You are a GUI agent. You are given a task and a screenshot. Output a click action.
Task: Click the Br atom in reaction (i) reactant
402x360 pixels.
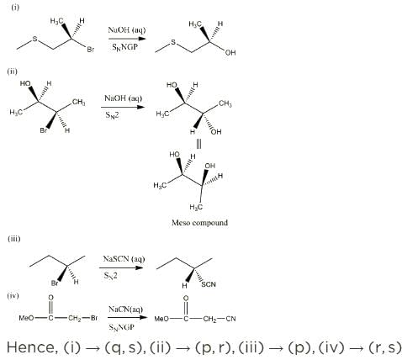[91, 50]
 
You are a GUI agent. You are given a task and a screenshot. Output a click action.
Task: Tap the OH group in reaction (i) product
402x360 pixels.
[230, 52]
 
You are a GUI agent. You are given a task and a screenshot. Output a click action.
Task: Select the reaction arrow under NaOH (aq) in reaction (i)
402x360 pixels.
[127, 39]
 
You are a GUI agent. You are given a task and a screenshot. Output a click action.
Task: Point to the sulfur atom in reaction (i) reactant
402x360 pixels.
[34, 40]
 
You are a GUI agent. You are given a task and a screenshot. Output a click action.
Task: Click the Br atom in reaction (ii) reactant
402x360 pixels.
[44, 130]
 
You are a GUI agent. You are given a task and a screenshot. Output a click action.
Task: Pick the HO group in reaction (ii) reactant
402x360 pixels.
[25, 83]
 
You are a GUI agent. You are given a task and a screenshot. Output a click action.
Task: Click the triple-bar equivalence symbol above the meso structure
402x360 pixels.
[198, 144]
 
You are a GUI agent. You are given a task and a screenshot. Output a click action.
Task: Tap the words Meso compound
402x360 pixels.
[199, 223]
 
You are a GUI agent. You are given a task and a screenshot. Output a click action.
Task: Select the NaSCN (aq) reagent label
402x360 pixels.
[124, 258]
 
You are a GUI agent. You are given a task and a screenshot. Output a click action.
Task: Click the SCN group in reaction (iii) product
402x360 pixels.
[209, 284]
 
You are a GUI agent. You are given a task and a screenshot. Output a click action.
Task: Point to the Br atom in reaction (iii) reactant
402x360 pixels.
[55, 283]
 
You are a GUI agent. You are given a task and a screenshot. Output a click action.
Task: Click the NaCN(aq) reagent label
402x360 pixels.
[125, 310]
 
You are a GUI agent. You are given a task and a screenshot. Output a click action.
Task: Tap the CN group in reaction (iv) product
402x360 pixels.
[230, 319]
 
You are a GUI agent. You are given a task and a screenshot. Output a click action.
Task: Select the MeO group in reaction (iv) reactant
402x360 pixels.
[26, 318]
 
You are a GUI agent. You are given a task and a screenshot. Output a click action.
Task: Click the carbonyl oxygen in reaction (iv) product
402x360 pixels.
[186, 299]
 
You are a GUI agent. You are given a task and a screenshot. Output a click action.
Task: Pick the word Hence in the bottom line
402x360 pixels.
[32, 347]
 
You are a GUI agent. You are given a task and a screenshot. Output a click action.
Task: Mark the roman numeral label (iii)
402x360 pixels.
[14, 239]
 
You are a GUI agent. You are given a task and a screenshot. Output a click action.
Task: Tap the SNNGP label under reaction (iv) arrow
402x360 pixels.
[122, 327]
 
